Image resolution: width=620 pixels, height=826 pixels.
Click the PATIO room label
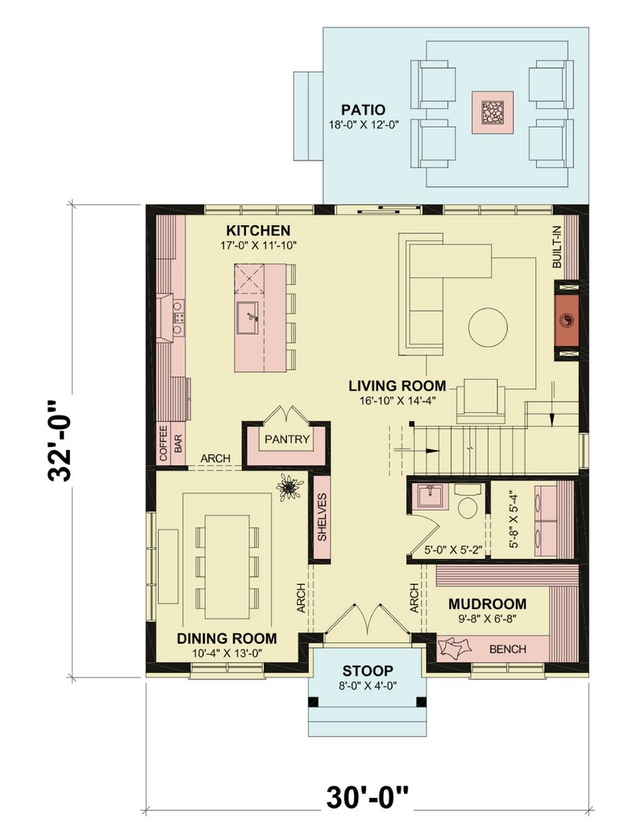[363, 110]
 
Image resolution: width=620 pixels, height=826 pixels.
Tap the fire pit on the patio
[492, 112]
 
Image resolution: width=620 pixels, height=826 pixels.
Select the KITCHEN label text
[258, 231]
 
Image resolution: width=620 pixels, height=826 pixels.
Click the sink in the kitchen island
[247, 318]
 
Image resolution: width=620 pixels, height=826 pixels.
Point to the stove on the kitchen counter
[178, 318]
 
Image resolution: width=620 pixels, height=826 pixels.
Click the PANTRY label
[287, 440]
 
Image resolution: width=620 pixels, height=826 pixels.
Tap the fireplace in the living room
[567, 320]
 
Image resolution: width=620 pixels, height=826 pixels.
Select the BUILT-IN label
[557, 247]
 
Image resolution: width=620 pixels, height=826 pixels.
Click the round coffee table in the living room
[488, 327]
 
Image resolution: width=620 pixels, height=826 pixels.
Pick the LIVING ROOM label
[397, 386]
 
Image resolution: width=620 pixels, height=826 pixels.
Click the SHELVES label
[322, 517]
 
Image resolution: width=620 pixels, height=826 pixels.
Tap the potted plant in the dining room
[289, 487]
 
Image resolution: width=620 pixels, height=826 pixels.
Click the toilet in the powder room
[468, 502]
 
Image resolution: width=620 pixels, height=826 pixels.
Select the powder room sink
[431, 496]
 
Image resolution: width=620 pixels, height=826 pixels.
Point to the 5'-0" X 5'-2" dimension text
[454, 550]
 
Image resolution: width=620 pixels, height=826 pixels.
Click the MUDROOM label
[487, 603]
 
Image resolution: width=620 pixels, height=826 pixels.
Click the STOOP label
[368, 671]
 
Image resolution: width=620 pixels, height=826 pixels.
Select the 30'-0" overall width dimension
[368, 797]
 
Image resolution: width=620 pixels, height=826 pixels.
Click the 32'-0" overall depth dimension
[60, 441]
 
